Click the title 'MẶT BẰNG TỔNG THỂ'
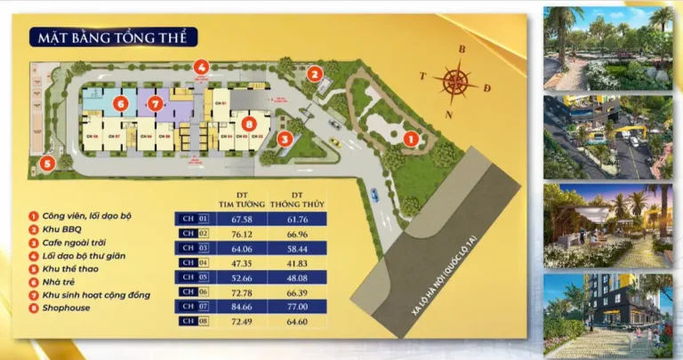112,37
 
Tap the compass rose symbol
454,82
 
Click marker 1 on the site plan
411,139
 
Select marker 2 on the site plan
314,74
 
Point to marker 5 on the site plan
46,164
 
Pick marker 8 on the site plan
249,125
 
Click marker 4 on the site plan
202,66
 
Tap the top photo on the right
609,46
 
